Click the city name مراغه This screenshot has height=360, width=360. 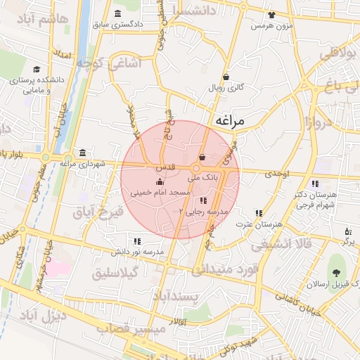click(229, 120)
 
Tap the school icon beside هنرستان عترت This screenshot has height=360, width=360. click(259, 212)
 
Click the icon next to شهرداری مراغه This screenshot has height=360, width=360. click(84, 153)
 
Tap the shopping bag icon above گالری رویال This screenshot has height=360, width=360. click(226, 77)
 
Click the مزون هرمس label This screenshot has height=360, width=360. click(272, 25)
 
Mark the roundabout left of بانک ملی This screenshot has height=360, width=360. click(197, 169)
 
